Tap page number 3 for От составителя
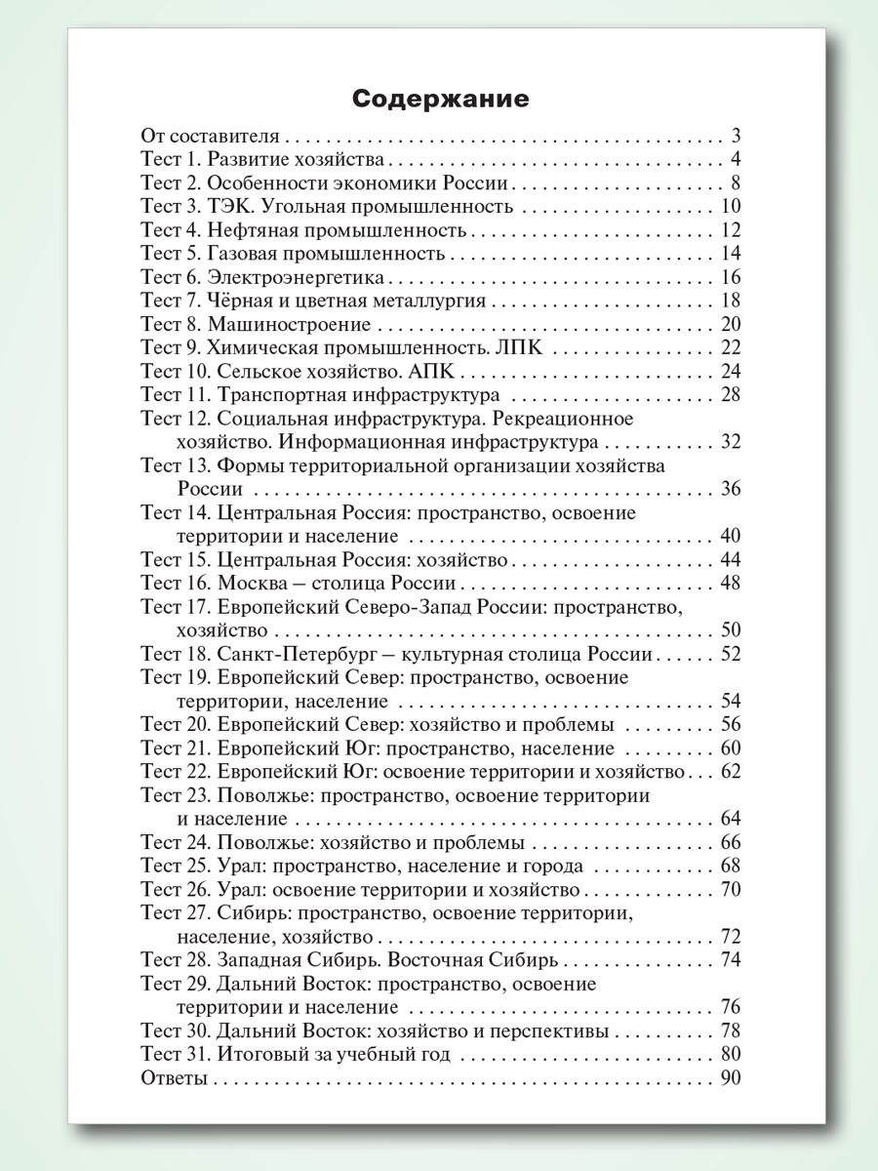tap(736, 136)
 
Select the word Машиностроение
tap(295, 325)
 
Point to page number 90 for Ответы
tap(731, 1078)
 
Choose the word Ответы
tap(174, 1078)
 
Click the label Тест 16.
tap(176, 584)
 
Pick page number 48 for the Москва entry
tap(731, 584)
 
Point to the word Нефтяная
tap(248, 230)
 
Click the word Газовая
tap(238, 254)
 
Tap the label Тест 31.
tap(176, 1055)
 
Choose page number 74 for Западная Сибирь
tap(731, 959)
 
